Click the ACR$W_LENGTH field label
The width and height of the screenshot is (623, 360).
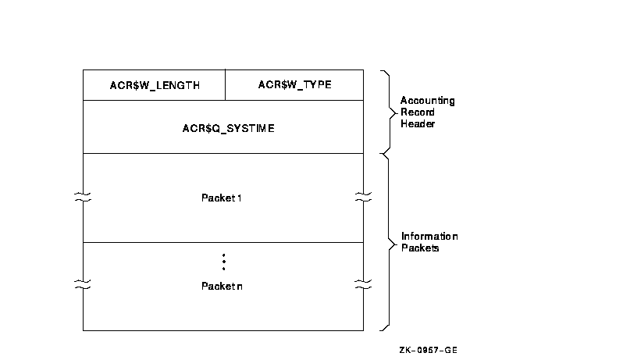tap(155, 86)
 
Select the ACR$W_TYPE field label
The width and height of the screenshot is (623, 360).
tap(294, 85)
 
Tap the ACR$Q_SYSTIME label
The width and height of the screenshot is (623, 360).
tap(223, 127)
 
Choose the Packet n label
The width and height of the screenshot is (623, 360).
tap(222, 287)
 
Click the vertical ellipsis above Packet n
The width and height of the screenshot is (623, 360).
tap(223, 262)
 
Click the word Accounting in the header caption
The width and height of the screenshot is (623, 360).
tap(427, 101)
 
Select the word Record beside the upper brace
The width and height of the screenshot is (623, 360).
tap(418, 112)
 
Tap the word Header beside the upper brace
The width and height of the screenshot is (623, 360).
tap(418, 123)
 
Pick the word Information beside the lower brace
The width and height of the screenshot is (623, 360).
tap(429, 237)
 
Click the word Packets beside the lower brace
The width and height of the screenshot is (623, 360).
tap(420, 248)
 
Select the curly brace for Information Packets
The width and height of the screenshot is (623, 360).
tap(386, 241)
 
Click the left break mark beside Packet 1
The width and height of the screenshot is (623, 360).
tap(83, 198)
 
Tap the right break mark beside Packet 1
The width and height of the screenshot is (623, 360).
tap(363, 198)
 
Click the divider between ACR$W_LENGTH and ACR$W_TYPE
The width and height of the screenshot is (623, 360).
tap(225, 85)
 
